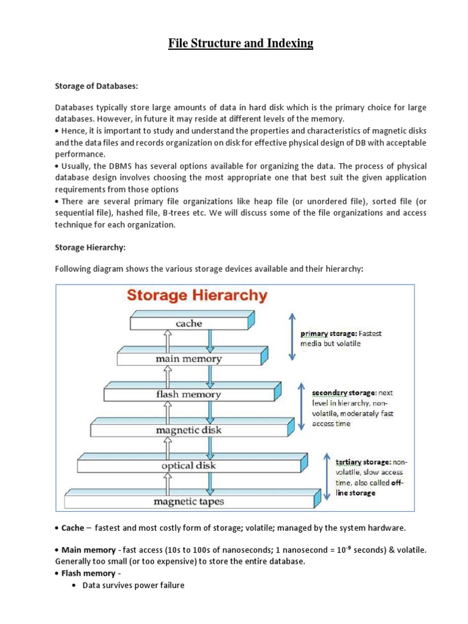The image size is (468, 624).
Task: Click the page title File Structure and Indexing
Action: (240, 43)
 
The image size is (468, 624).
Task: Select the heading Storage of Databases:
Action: (93, 87)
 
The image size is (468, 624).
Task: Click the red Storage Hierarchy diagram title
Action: (196, 296)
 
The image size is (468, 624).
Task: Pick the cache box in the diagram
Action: (188, 324)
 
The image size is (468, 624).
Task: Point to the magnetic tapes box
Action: (188, 502)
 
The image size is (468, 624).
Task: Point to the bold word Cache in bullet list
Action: (73, 528)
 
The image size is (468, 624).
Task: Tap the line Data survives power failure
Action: (133, 586)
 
